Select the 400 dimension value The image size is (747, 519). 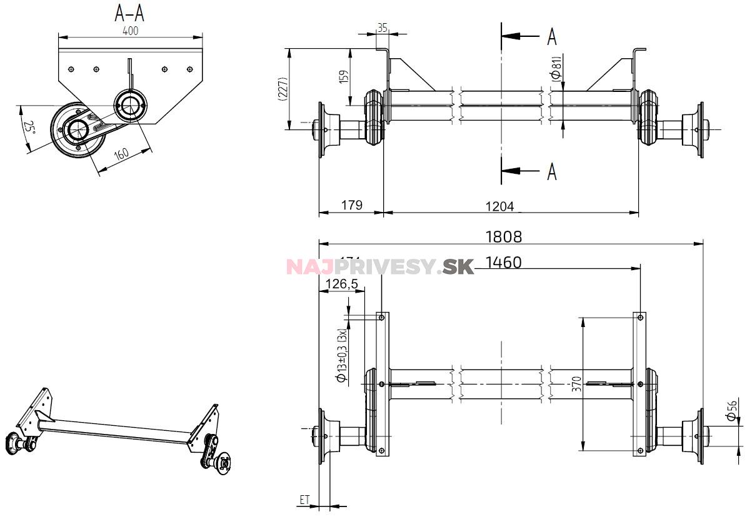(x=130, y=30)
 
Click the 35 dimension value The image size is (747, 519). (x=383, y=28)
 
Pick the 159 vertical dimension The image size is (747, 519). (x=343, y=76)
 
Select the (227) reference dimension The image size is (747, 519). (x=283, y=89)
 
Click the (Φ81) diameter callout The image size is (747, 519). (x=556, y=67)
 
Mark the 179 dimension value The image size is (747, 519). (x=351, y=204)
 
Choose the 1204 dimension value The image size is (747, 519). (x=499, y=205)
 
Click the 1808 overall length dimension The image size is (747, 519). (x=504, y=236)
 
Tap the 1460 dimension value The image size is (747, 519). (x=503, y=263)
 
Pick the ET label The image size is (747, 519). (x=304, y=500)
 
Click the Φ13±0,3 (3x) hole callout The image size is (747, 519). (x=341, y=355)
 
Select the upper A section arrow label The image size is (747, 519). (x=551, y=37)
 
